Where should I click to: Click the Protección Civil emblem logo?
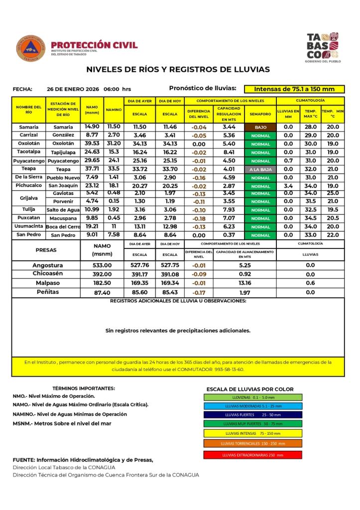[x=31, y=48]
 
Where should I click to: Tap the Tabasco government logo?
[x=322, y=46]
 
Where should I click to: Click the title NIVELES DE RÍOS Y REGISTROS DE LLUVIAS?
[x=178, y=69]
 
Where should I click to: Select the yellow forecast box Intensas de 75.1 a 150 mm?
[x=294, y=89]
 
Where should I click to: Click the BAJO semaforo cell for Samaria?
[x=261, y=127]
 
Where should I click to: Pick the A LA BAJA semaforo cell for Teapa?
[x=261, y=169]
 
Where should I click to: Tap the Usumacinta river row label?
[x=28, y=226]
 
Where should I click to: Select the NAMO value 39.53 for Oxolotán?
[x=92, y=143]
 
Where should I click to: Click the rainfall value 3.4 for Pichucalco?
[x=288, y=186]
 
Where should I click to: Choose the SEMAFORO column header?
[x=261, y=114]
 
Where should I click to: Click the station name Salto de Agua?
[x=63, y=210]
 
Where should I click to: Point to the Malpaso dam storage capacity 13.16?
[x=244, y=283]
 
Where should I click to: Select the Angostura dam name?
[x=48, y=265]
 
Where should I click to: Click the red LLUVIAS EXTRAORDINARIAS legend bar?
[x=252, y=455]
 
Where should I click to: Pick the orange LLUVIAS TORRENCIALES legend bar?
[x=252, y=443]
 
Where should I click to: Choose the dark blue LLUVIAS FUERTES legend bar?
[x=252, y=414]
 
